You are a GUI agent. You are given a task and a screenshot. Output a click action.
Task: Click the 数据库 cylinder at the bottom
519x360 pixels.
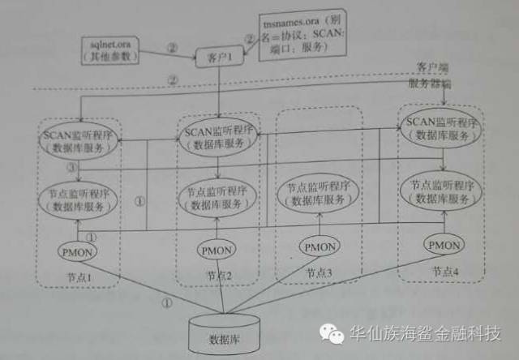click(x=224, y=333)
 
